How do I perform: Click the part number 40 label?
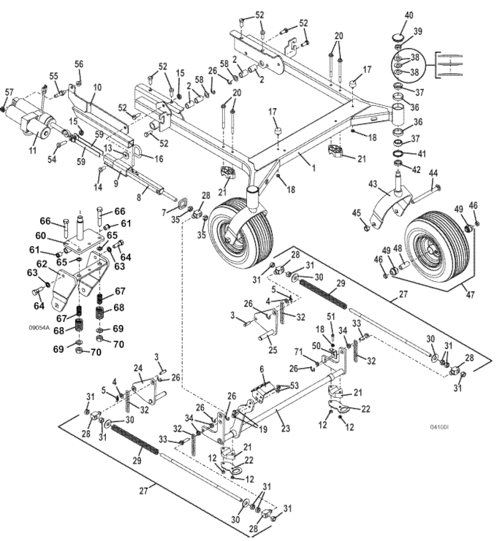409,16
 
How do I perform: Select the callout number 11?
32,150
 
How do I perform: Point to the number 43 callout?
373,184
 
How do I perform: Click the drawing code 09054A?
39,328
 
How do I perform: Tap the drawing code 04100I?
439,427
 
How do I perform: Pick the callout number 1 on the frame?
314,168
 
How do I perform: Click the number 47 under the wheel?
471,295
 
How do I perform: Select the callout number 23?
286,428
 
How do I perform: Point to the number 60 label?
41,235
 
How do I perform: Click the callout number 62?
42,264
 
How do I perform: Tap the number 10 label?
98,88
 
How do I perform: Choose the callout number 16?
159,158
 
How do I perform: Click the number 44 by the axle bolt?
433,173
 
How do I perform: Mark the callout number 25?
273,350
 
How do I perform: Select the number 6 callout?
262,369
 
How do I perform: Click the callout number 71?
298,353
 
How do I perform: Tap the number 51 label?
331,316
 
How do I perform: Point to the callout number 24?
138,369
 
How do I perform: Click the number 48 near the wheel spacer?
398,248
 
